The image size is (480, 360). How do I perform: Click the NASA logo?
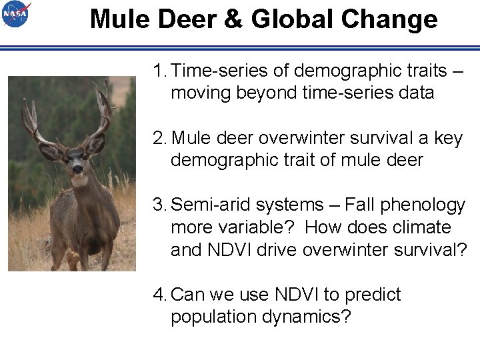pyautogui.click(x=17, y=15)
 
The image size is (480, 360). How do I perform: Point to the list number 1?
pyautogui.click(x=158, y=70)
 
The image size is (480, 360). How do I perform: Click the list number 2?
pyautogui.click(x=159, y=137)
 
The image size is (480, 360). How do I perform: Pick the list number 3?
pyautogui.click(x=159, y=205)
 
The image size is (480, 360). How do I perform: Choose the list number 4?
pyautogui.click(x=159, y=295)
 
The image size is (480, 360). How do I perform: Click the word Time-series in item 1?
pyautogui.click(x=219, y=70)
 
